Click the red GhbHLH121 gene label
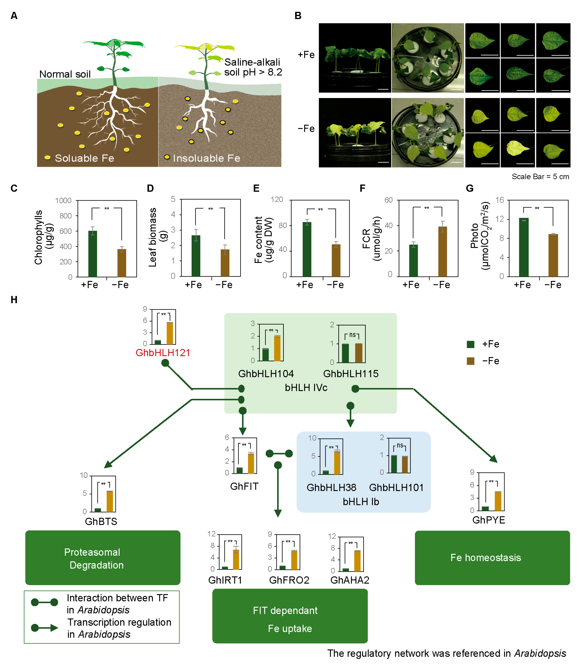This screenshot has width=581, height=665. coord(163,353)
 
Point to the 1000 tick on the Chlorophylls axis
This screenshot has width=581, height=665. coord(63,201)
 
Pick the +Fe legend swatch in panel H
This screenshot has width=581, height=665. coord(470,344)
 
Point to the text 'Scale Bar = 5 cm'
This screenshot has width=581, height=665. coord(540,177)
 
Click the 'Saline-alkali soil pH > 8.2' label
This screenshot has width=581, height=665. coord(253,67)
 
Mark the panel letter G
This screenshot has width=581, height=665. coord(470,188)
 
